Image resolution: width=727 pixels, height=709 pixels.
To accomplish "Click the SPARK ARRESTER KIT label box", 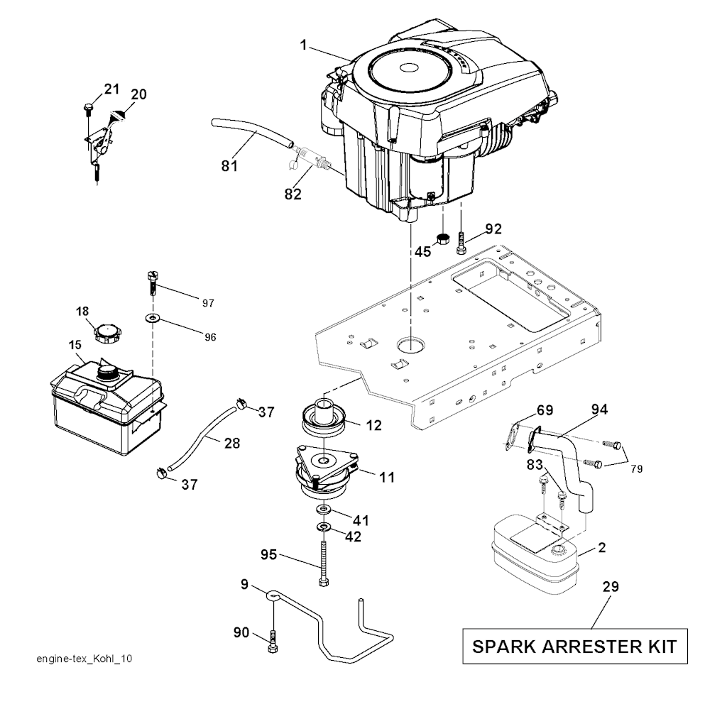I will click(575, 646).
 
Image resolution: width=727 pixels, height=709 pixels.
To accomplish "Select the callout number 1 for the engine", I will click(304, 45).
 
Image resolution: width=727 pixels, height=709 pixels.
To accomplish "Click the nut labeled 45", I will click(443, 238).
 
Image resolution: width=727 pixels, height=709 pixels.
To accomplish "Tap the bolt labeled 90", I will click(273, 643).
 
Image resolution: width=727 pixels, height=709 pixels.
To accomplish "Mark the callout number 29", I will click(611, 587).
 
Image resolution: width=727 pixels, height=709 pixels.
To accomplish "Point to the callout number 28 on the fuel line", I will click(231, 444).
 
